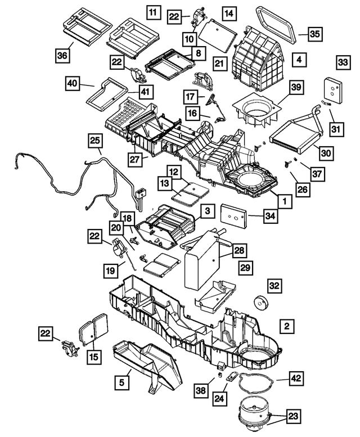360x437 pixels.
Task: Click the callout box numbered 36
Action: click(62, 56)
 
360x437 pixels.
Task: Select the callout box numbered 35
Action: click(315, 34)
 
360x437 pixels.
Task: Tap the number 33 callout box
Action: click(343, 62)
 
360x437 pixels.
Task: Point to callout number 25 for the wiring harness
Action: click(95, 141)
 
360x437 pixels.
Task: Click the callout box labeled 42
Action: click(296, 378)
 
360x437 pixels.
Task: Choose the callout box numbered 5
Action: click(121, 382)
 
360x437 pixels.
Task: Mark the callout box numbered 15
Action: click(94, 357)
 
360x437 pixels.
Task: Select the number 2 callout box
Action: click(287, 326)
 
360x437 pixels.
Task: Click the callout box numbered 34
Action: click(271, 216)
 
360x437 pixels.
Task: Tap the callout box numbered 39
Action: click(296, 87)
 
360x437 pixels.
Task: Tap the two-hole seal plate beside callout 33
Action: click(333, 90)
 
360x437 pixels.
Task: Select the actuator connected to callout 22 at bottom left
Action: click(70, 348)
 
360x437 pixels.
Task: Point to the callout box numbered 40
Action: click(73, 83)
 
